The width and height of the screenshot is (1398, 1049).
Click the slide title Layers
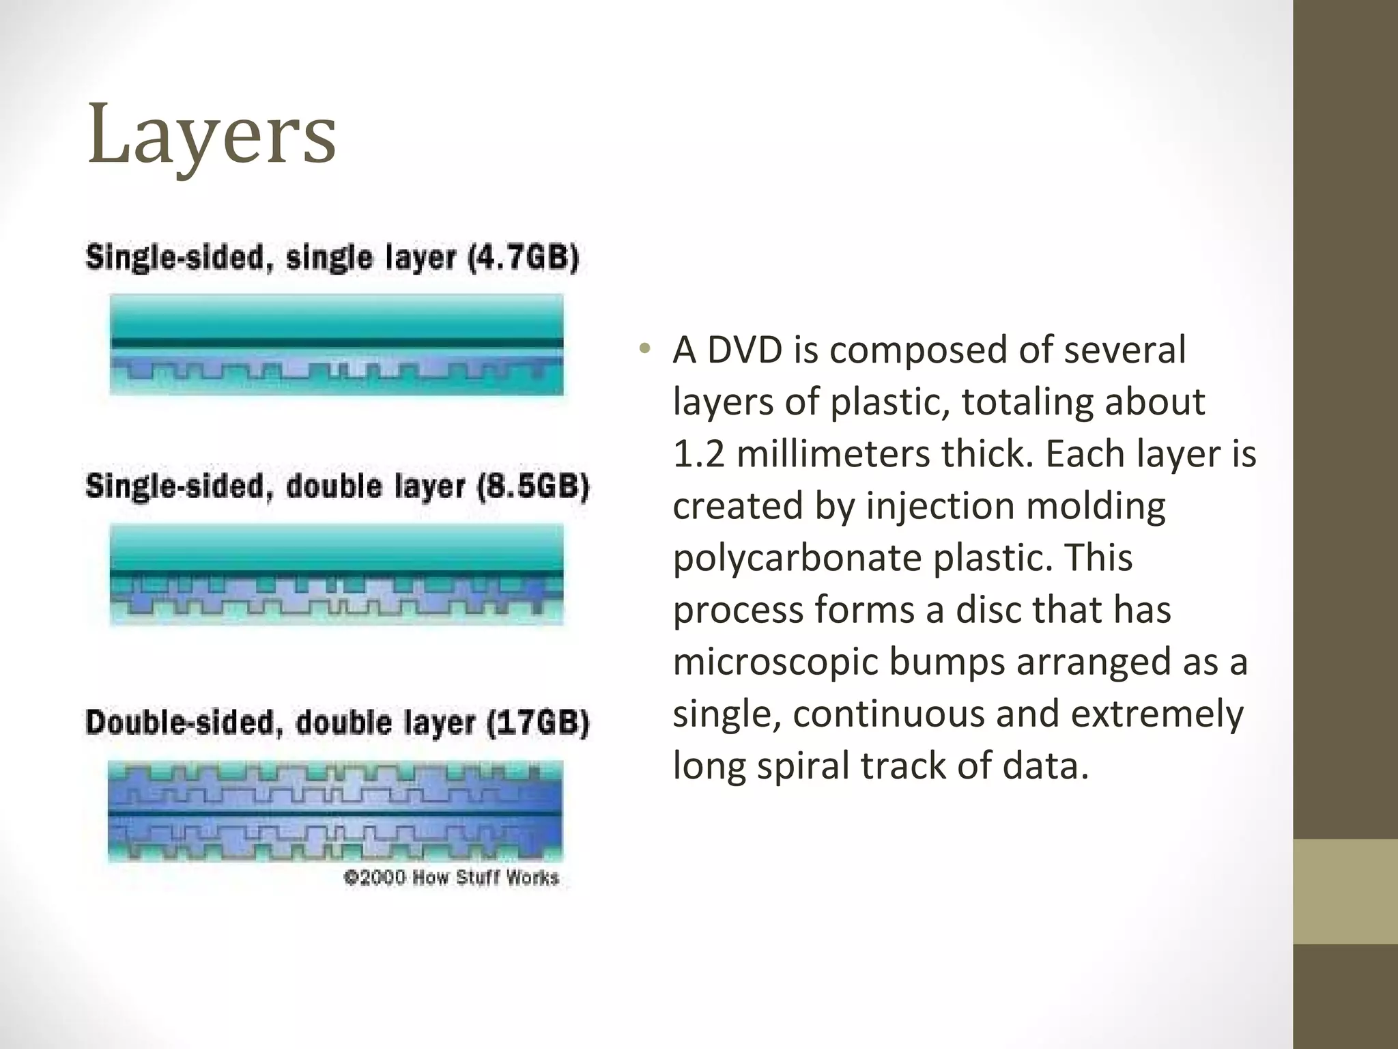(x=212, y=135)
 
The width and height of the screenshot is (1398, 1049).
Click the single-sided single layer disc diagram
(x=337, y=344)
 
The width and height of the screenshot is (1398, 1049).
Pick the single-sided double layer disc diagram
(x=337, y=574)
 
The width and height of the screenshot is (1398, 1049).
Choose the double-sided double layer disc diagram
(x=335, y=812)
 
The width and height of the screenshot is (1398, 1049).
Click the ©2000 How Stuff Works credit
(x=451, y=878)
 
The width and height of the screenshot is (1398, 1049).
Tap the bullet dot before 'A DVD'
(x=644, y=350)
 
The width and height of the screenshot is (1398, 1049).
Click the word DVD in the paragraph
(x=744, y=350)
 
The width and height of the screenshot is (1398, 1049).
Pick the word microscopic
(x=775, y=662)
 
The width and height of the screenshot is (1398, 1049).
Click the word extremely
(x=1156, y=714)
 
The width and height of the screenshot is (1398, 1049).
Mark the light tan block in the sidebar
(x=1345, y=891)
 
